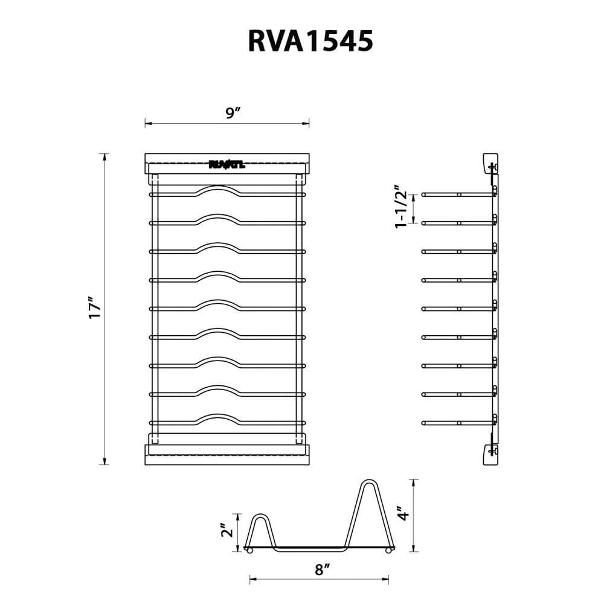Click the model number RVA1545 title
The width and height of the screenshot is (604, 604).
tap(310, 42)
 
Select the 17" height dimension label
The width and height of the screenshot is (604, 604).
tap(95, 309)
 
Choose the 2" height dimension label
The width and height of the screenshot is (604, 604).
tap(227, 530)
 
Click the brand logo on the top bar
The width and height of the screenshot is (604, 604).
tap(226, 164)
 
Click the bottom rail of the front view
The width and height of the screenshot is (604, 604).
tap(227, 455)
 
